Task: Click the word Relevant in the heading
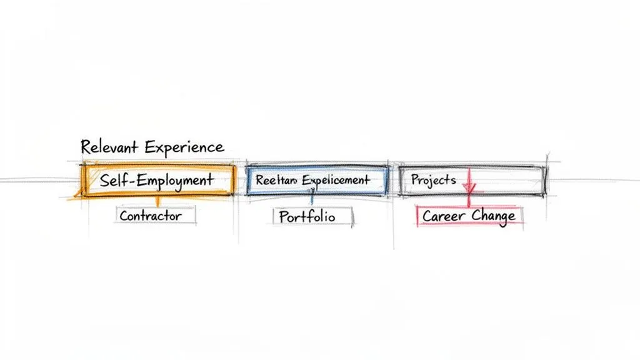coord(110,147)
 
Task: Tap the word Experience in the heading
coord(184,147)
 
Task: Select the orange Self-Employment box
coord(157,181)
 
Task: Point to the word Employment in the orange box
coord(175,181)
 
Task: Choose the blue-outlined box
coord(317,181)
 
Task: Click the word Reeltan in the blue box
coord(276,180)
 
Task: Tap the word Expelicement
coord(336,180)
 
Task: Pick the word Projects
coord(433,180)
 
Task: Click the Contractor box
coord(155,216)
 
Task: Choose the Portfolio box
coord(312,217)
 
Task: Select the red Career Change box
coord(469,216)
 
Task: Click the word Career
coord(444,216)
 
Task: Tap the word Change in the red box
coord(494,216)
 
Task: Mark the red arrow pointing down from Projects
coord(469,191)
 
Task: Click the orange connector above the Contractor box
coord(157,202)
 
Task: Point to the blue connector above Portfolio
coord(312,201)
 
